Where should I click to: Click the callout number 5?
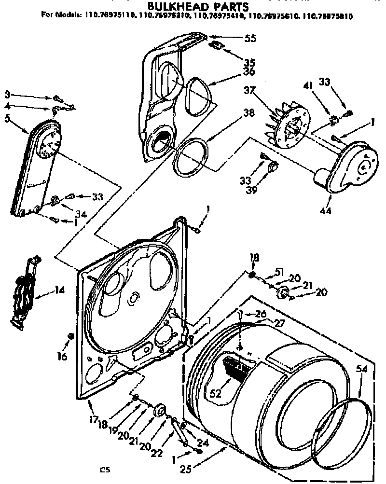(7, 117)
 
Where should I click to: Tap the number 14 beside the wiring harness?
(59, 290)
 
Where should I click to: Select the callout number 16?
(61, 356)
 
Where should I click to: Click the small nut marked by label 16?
(71, 336)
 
